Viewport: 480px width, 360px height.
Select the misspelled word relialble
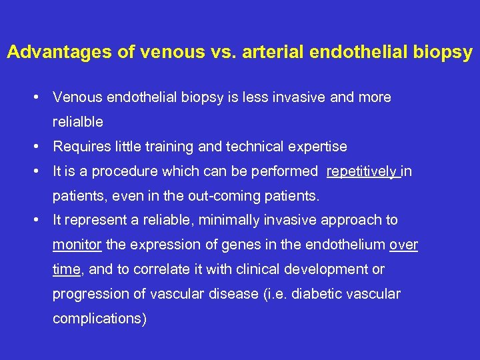[x=78, y=123]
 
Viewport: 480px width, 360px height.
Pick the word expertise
[x=317, y=147]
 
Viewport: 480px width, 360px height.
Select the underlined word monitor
[x=77, y=245]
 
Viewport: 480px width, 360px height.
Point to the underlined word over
[x=403, y=245]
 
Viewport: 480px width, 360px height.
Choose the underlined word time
[x=65, y=269]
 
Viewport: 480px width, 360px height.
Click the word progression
[x=86, y=294]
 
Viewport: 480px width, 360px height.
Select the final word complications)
[x=99, y=319]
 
